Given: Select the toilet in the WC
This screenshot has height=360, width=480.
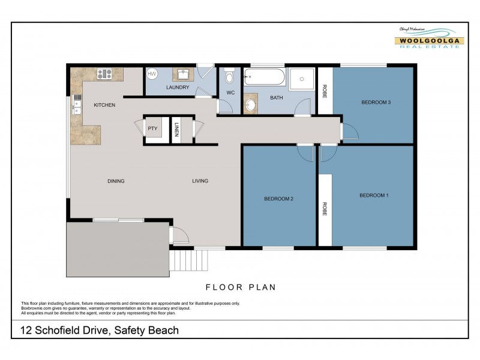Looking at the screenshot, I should (229, 77).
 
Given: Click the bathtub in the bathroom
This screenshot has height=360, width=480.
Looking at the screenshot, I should (265, 77).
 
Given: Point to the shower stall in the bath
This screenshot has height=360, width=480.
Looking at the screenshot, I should (301, 79).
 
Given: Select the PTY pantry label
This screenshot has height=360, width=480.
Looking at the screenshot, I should (152, 128).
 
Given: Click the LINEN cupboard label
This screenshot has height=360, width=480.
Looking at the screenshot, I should (176, 130).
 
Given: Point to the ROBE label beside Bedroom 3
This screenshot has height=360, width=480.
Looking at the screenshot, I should (325, 92).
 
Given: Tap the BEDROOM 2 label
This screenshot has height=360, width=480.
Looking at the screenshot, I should (278, 199).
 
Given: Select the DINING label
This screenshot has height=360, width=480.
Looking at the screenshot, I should (116, 181).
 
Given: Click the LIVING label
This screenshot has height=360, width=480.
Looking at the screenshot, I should (200, 181).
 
